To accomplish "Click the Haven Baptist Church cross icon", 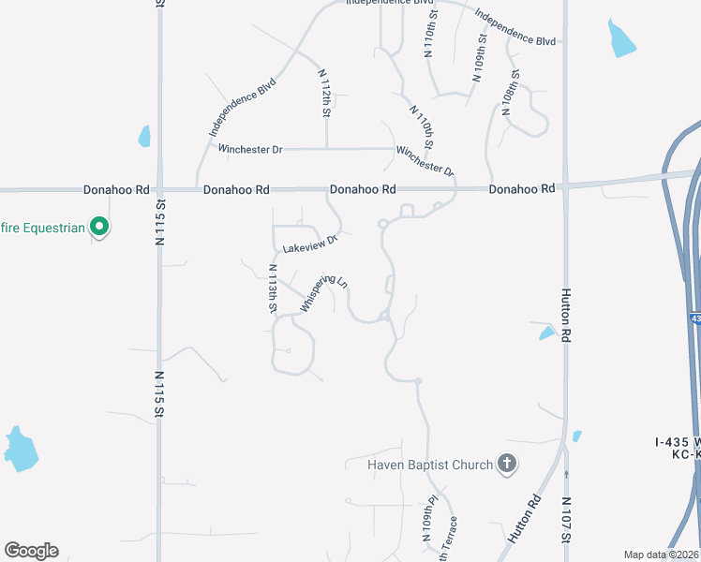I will tap(506, 464).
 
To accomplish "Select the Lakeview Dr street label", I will tap(309, 244).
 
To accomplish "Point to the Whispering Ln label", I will tap(324, 293).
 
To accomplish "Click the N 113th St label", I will tap(273, 288).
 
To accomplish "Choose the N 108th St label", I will tap(512, 92).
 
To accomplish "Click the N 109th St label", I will tap(480, 59).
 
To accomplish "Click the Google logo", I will tap(31, 551).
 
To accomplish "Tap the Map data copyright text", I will tap(661, 555).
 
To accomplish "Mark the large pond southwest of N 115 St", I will tap(21, 449).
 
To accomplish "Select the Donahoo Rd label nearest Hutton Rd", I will tap(521, 189).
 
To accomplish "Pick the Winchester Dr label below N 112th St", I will tap(250, 149).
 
